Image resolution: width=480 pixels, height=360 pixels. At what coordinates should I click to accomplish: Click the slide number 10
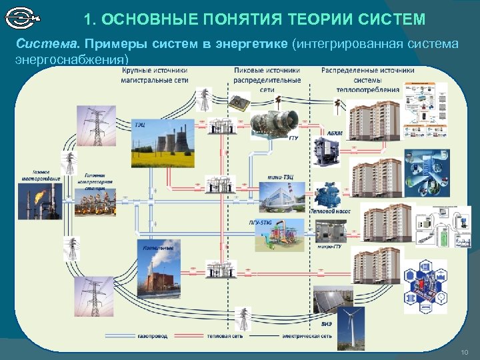pyautogui.click(x=464, y=351)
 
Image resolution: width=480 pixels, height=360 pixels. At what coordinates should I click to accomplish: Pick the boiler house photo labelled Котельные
pyautogui.click(x=157, y=270)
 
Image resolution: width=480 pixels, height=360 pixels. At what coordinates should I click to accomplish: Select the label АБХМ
pyautogui.click(x=335, y=133)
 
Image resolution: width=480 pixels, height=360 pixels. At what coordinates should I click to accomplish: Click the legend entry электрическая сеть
pyautogui.click(x=307, y=336)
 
